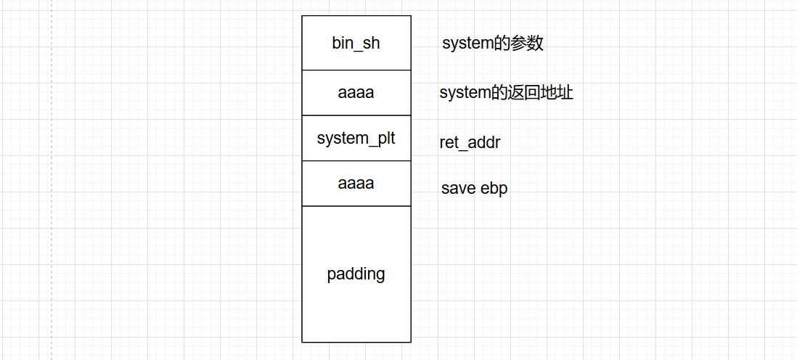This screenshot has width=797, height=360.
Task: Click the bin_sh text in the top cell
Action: click(x=356, y=44)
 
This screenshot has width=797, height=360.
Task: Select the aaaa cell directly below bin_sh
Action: click(x=356, y=93)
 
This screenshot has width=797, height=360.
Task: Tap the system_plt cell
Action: click(x=356, y=138)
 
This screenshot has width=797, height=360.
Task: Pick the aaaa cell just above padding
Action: click(x=356, y=184)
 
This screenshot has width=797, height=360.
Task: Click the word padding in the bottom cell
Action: click(x=356, y=274)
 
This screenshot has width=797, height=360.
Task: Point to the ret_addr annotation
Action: click(x=470, y=143)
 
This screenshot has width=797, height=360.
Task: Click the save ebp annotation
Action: click(x=474, y=189)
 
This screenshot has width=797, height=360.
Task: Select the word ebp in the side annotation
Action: click(x=494, y=189)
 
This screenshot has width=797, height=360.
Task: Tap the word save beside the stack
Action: click(x=459, y=189)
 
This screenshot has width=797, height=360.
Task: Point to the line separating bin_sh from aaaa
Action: click(x=356, y=70)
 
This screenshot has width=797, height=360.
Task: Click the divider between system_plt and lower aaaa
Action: click(x=356, y=161)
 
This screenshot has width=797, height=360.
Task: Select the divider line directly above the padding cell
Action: click(x=356, y=206)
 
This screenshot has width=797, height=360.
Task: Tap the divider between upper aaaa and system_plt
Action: click(x=356, y=115)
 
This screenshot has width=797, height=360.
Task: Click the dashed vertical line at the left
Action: click(x=52, y=181)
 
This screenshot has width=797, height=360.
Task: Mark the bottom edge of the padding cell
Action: click(x=356, y=342)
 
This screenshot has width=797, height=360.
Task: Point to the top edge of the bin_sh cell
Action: click(x=356, y=16)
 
